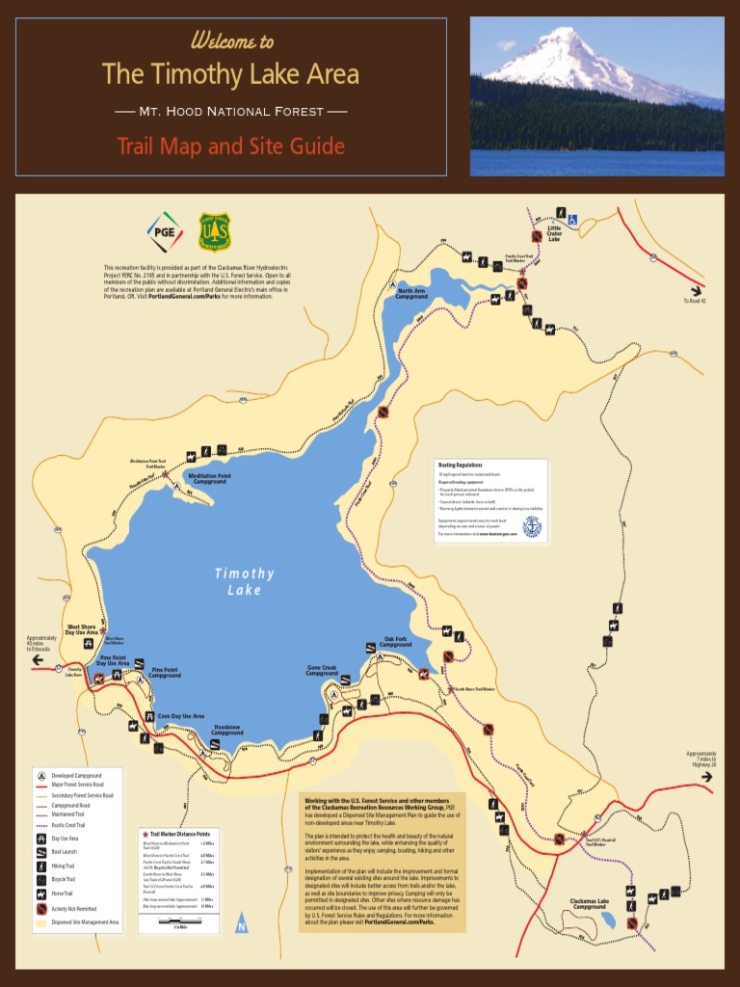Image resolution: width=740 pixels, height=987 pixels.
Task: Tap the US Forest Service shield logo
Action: click(x=214, y=231)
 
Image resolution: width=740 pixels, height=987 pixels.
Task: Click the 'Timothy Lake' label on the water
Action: click(x=244, y=581)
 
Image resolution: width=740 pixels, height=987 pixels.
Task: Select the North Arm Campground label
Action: click(x=411, y=294)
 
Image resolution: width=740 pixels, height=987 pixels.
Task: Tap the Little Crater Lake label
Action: click(x=554, y=233)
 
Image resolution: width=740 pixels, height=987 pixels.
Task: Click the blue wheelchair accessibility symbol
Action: click(x=571, y=219)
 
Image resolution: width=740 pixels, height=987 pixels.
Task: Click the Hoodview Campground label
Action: click(x=227, y=732)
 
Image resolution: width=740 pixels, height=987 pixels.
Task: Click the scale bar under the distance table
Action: click(x=179, y=922)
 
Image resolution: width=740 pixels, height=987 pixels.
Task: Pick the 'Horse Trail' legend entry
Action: click(x=64, y=894)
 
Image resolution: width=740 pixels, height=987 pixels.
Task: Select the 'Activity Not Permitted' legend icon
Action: click(x=41, y=908)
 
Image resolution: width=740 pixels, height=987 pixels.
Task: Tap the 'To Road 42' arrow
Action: click(x=695, y=290)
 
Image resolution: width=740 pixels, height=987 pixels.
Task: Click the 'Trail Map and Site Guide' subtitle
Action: click(x=230, y=147)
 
